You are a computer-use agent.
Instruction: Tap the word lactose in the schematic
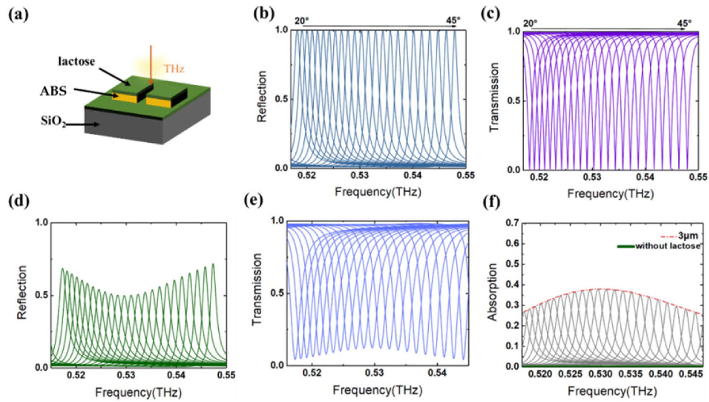coord(77,61)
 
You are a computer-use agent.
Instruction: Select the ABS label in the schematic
coord(53,91)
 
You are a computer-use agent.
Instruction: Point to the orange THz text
coord(174,69)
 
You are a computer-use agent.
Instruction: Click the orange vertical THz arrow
coord(150,64)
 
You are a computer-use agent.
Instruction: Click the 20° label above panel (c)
coord(530,23)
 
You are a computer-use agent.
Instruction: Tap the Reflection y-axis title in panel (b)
coord(262,97)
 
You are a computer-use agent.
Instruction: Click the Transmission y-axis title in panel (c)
coord(494,97)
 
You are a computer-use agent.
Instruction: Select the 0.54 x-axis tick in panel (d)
coord(178,375)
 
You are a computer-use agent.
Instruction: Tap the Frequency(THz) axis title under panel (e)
coord(377,390)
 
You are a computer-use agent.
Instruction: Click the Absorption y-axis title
coord(492,292)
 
